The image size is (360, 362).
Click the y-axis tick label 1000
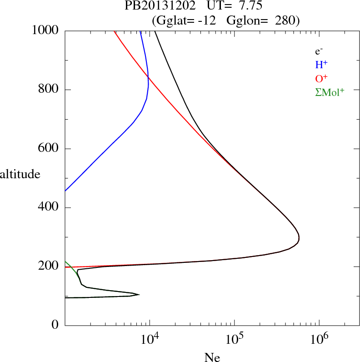pyautogui.click(x=45, y=30)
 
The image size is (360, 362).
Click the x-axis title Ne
pyautogui.click(x=212, y=357)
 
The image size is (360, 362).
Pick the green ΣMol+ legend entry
pyautogui.click(x=330, y=92)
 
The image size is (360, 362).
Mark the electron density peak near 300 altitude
pyautogui.click(x=299, y=237)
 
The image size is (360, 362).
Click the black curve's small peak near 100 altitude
pyautogui.click(x=139, y=295)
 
